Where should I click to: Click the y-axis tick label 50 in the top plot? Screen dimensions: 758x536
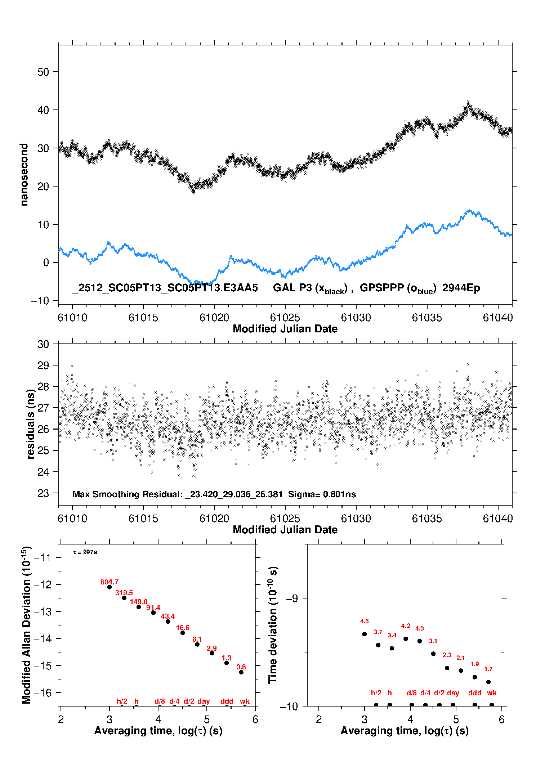pyautogui.click(x=43, y=72)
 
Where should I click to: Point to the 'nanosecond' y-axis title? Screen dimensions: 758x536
pyautogui.click(x=24, y=175)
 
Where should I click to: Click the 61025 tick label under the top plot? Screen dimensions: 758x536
pyautogui.click(x=285, y=318)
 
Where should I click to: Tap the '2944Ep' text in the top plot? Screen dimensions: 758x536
pyautogui.click(x=461, y=288)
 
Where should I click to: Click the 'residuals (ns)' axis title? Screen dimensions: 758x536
pyautogui.click(x=31, y=424)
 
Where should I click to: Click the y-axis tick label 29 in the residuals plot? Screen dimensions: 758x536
pyautogui.click(x=43, y=365)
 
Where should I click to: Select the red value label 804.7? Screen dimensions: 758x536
pyautogui.click(x=110, y=582)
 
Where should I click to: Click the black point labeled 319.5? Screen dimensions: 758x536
pyautogui.click(x=124, y=598)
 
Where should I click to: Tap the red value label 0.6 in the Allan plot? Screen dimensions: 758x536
pyautogui.click(x=241, y=667)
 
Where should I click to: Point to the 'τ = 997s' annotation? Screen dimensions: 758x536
pyautogui.click(x=85, y=552)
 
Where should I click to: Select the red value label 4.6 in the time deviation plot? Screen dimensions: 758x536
pyautogui.click(x=364, y=622)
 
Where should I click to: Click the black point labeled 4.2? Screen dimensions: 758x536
pyautogui.click(x=406, y=639)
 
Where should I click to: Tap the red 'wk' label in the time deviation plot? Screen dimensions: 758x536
pyautogui.click(x=492, y=693)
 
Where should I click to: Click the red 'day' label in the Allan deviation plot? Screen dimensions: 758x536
pyautogui.click(x=204, y=701)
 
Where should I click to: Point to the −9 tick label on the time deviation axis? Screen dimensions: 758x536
pyautogui.click(x=291, y=598)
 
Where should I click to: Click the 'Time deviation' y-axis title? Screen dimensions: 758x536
pyautogui.click(x=273, y=625)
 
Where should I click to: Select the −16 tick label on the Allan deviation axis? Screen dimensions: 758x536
pyautogui.click(x=43, y=693)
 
